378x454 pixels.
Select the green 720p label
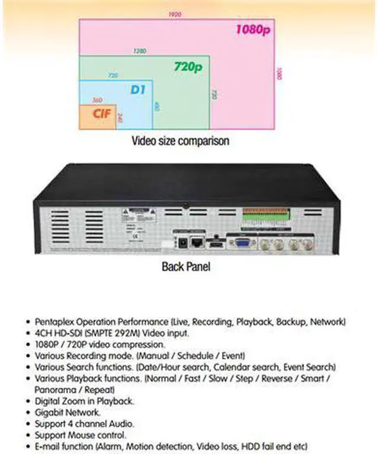pyautogui.click(x=188, y=66)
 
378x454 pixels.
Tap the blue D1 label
pyautogui.click(x=138, y=90)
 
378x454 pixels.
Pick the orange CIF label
pyautogui.click(x=102, y=113)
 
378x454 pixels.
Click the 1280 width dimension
pyautogui.click(x=140, y=51)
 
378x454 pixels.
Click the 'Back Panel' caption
pyautogui.click(x=185, y=266)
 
